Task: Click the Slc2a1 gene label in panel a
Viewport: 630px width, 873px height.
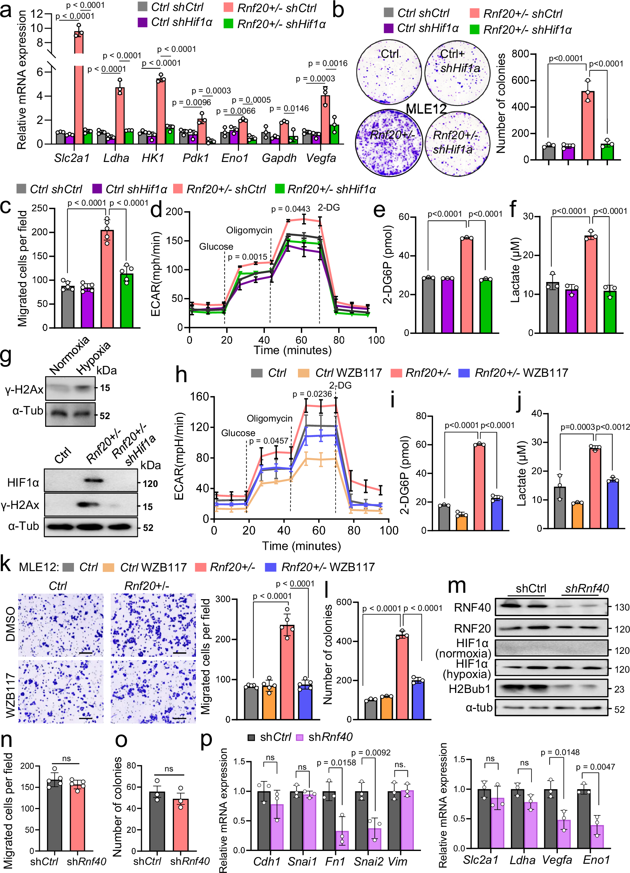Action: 72,158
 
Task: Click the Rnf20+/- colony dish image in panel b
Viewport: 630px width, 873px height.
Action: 388,141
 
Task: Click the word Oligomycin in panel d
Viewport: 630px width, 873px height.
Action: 249,230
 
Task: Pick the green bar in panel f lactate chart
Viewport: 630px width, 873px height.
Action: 610,312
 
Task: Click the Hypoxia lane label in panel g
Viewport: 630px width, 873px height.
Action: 93,358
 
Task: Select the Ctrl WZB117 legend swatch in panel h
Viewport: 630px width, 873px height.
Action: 303,373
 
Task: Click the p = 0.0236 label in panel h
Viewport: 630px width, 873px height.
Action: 312,394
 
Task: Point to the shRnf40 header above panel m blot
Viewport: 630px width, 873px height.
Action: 586,589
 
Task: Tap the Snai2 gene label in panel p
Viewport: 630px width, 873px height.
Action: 368,861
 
